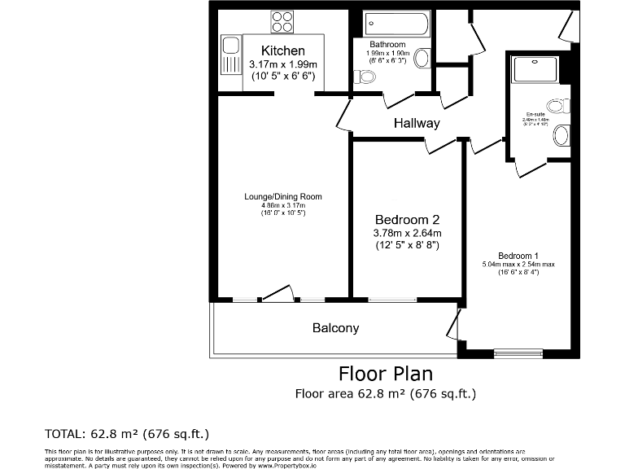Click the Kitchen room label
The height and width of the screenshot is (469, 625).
tap(282, 51)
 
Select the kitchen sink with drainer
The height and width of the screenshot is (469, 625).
tap(228, 54)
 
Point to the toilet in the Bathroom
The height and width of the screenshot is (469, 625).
tap(365, 77)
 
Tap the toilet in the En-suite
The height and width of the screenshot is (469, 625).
tap(559, 106)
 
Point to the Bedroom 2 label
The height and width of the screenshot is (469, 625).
tap(407, 220)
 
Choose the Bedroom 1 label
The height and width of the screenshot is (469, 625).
tap(518, 256)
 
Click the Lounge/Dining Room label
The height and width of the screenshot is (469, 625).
tap(283, 196)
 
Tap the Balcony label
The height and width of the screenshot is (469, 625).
tap(335, 328)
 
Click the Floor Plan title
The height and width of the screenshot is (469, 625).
tap(385, 374)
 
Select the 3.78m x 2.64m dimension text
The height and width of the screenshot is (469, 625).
tap(407, 233)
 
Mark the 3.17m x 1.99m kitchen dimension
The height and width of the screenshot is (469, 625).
tap(282, 64)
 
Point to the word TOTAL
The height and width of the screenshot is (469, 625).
tap(68, 432)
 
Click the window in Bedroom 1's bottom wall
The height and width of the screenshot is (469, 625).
tap(518, 353)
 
